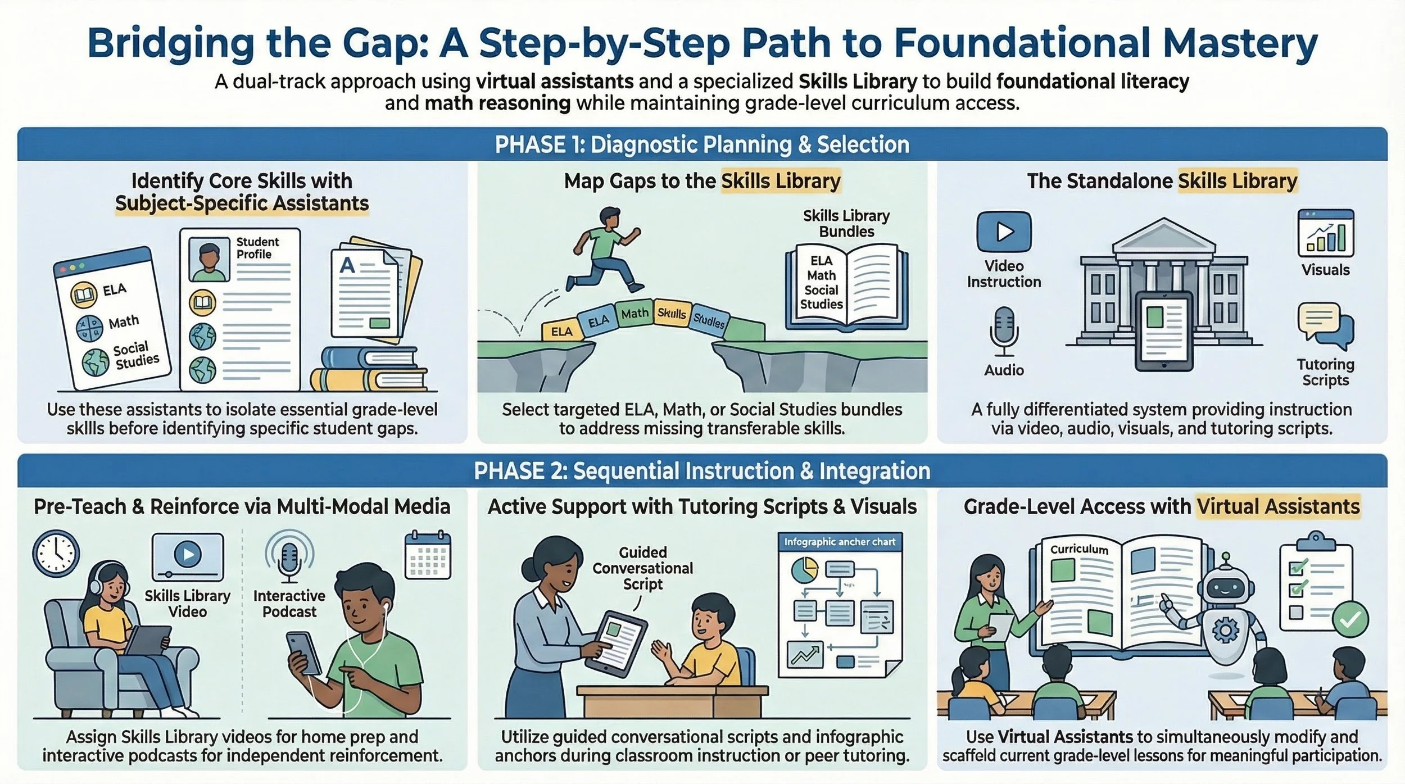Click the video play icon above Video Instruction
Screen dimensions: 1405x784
[1004, 232]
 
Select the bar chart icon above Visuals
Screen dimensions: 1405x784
[1326, 233]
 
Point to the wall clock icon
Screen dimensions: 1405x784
[56, 554]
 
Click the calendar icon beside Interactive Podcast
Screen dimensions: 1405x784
[428, 555]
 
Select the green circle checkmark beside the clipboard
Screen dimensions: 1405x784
[1350, 620]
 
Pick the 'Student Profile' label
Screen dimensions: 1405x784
[257, 248]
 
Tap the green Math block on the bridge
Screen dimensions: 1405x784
[634, 313]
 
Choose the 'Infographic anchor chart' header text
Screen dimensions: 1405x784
[840, 542]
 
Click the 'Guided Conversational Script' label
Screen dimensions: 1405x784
[643, 568]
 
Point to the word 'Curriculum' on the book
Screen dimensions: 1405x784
[1079, 549]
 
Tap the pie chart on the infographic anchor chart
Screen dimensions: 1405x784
[805, 570]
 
